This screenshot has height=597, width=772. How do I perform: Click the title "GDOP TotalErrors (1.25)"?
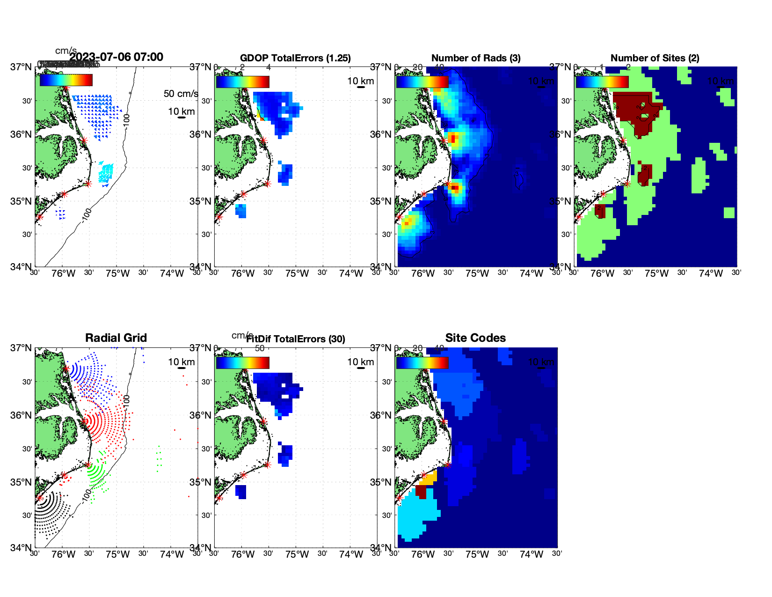(295, 58)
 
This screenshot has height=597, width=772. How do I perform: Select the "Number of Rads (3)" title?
(475, 58)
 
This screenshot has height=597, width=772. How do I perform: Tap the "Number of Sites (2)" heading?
(655, 58)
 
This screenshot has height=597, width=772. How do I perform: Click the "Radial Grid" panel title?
(116, 338)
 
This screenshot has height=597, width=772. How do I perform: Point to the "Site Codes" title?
(475, 338)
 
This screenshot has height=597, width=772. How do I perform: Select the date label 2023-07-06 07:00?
(117, 57)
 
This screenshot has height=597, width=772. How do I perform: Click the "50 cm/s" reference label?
(181, 94)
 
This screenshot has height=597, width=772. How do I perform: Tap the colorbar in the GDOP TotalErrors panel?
(242, 81)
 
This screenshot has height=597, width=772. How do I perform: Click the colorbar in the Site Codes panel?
(422, 362)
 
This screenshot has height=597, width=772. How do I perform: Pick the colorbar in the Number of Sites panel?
(602, 81)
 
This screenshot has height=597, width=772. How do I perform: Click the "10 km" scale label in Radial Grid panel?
(181, 362)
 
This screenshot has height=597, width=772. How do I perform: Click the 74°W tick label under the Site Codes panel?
(531, 554)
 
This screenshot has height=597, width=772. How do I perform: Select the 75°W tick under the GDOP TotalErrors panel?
(297, 273)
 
